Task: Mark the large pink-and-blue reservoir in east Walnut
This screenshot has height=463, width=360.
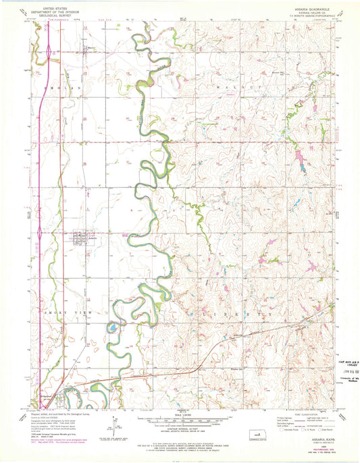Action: (x=297, y=159)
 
